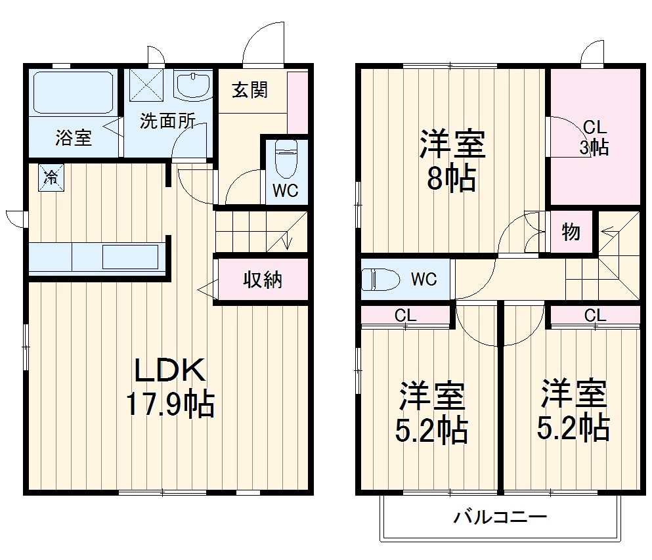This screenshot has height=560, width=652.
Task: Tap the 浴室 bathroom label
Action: [x=73, y=138]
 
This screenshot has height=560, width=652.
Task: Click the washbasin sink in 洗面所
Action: [x=193, y=85]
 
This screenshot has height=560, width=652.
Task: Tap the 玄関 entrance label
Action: [x=250, y=90]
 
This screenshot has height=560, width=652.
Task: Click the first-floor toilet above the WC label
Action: [x=286, y=158]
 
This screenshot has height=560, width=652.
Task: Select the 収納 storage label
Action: [x=263, y=280]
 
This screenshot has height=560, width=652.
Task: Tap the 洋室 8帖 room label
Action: [x=452, y=160]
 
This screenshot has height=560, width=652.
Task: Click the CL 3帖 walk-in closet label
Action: [x=594, y=137]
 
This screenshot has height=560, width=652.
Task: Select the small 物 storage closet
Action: [x=571, y=232]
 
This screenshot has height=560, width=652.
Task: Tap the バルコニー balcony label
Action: [x=500, y=517]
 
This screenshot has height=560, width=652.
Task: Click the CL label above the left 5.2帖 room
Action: [x=405, y=316]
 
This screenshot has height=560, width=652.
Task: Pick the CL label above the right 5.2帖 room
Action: [x=594, y=316]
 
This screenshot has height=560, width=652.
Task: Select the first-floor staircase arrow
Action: [x=287, y=240]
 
